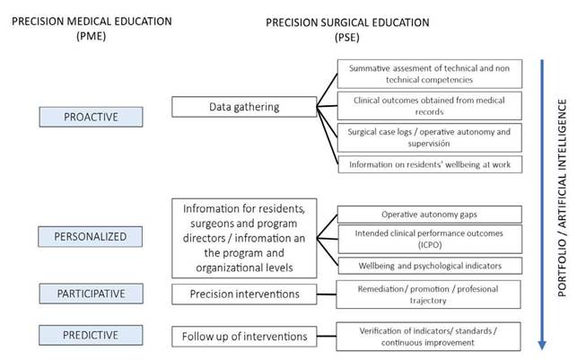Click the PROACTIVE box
tap(91, 116)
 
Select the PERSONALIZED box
tap(91, 236)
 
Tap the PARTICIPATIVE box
tap(91, 293)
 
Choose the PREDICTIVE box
tap(91, 335)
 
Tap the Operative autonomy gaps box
tap(429, 215)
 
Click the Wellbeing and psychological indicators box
tap(429, 266)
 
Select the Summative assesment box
tap(429, 74)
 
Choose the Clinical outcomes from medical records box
tap(429, 104)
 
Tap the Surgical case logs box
tap(429, 136)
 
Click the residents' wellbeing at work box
tap(429, 164)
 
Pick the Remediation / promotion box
tap(429, 293)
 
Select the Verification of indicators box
tap(429, 335)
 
